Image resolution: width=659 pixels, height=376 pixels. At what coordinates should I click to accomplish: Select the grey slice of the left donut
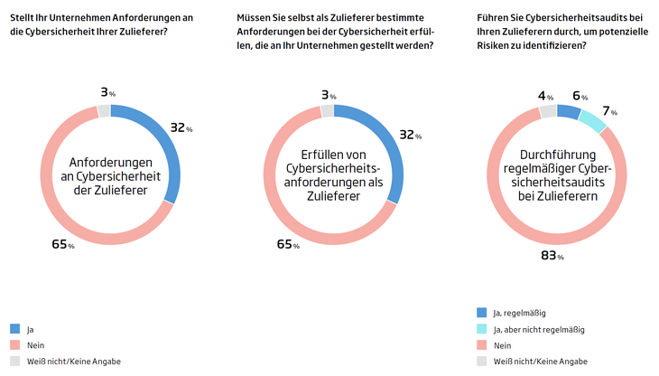pos(104,110)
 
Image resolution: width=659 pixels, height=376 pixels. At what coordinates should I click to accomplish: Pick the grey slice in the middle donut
pos(327,110)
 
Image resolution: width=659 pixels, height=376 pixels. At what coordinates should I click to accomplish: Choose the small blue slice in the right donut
pos(569,111)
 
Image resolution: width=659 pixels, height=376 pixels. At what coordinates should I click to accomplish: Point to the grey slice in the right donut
pos(548,111)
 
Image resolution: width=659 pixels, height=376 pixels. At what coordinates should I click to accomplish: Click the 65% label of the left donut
pos(60,245)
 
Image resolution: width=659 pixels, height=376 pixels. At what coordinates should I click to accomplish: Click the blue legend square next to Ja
pos(14,328)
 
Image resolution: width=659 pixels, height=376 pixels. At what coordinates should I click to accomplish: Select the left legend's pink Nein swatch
pos(14,344)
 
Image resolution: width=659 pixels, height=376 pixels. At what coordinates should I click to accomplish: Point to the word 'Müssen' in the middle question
pos(254,16)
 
